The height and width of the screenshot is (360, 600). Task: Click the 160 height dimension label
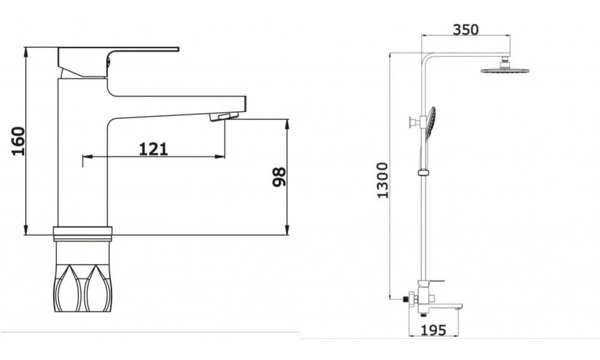coord(19,141)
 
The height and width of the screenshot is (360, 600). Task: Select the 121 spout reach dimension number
coord(153,149)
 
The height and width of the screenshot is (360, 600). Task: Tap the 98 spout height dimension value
coord(280,177)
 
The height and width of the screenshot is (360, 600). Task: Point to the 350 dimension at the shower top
coord(466,29)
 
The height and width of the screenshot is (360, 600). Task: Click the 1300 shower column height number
coord(383,180)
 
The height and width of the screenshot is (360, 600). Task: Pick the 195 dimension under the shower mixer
coord(434,330)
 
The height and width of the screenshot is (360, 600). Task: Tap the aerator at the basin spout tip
coord(224,116)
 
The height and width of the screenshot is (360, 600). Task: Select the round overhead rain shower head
coord(505,68)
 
